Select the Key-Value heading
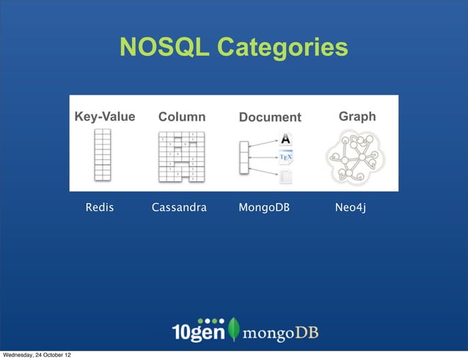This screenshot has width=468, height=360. [105, 117]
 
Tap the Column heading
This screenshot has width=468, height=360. [182, 117]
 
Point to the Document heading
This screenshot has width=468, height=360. [270, 117]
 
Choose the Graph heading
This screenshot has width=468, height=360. [357, 117]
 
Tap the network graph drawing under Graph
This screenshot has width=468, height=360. [357, 157]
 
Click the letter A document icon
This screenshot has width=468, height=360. [286, 139]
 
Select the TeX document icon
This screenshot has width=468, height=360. [286, 158]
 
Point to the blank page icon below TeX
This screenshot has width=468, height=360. [286, 176]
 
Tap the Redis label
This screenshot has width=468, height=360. [100, 208]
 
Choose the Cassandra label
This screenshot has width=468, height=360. [179, 208]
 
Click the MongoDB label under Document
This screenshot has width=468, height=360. [264, 208]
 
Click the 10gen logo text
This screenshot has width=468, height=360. [197, 331]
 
